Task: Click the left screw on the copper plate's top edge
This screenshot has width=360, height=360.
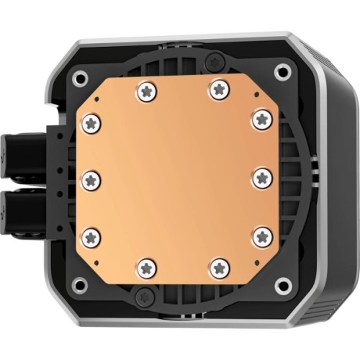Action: coord(147,90)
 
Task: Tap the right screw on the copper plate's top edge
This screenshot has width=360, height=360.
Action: coord(218,89)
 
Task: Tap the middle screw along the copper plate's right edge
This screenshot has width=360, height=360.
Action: coord(261,176)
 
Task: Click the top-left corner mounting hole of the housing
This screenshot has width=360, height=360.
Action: coord(81,76)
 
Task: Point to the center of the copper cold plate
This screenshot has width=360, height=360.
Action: coord(177,179)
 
